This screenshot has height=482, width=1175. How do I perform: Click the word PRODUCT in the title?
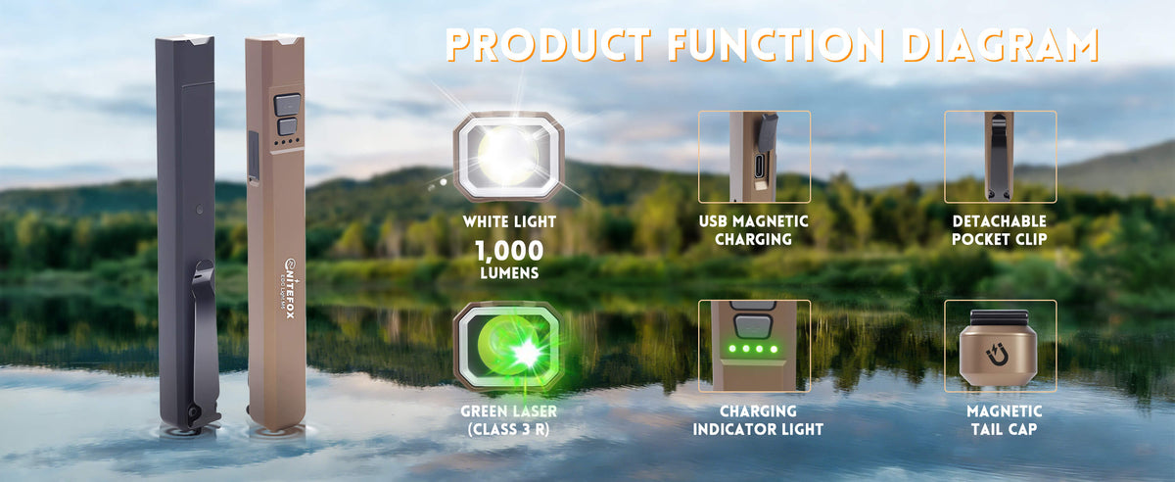[x=548, y=45]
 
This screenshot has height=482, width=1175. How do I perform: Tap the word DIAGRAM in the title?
[x=1001, y=45]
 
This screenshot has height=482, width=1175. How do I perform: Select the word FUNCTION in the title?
[x=776, y=45]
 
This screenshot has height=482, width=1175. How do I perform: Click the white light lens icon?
[x=509, y=156]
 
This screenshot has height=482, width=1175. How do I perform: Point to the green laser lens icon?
[x=509, y=346]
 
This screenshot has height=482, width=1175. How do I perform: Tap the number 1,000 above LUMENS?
[x=509, y=251]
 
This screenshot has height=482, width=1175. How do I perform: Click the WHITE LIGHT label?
[x=509, y=221]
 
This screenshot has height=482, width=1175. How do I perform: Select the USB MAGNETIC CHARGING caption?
[x=754, y=230]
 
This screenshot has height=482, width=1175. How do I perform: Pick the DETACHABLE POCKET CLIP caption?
[x=1000, y=230]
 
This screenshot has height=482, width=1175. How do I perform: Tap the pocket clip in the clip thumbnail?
[x=999, y=157]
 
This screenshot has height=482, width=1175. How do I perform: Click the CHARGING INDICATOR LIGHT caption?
[x=758, y=420]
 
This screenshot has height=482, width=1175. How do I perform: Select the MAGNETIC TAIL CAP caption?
[x=1004, y=420]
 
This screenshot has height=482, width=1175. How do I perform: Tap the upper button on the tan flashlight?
[x=288, y=105]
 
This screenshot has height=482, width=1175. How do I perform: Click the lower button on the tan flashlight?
[x=288, y=127]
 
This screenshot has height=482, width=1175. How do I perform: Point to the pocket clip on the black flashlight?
[x=205, y=341]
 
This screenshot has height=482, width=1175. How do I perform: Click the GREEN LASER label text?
[x=509, y=410]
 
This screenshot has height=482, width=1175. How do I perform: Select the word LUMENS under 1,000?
[x=509, y=273]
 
